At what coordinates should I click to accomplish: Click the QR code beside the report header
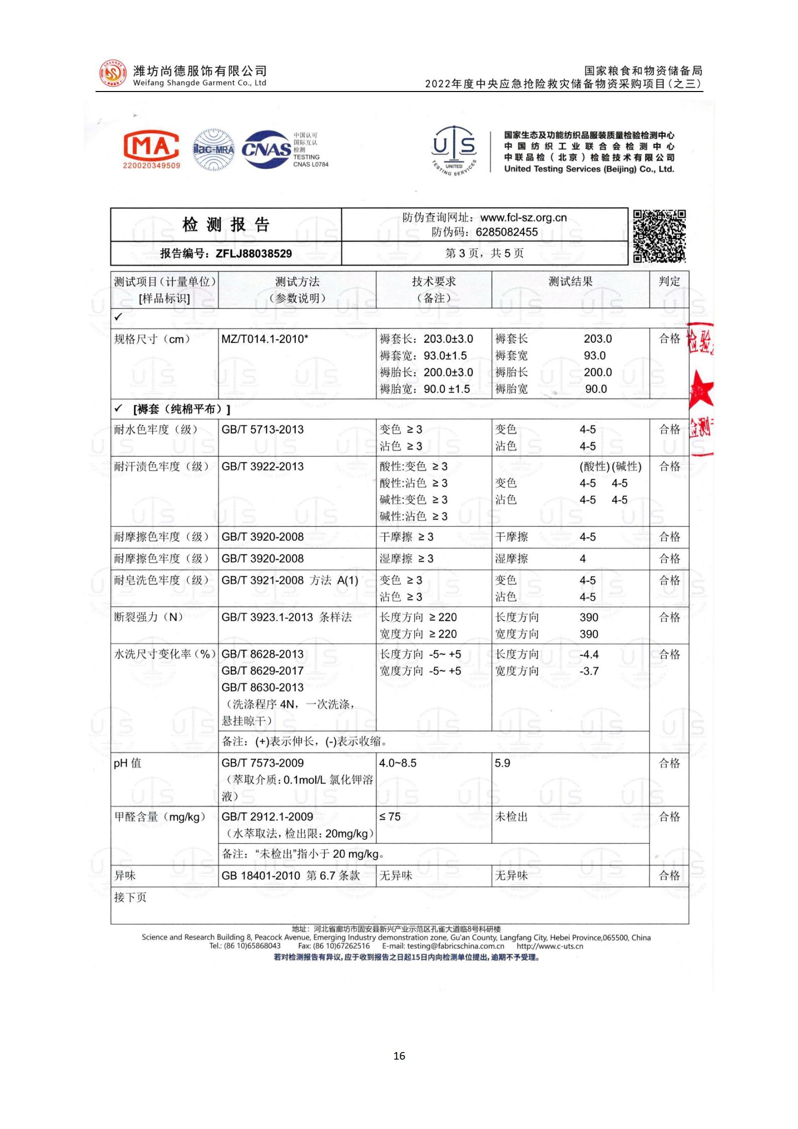point(659,236)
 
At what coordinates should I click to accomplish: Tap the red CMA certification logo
point(151,149)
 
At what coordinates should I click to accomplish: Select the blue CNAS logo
point(267,149)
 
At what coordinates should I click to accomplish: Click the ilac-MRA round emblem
point(214,150)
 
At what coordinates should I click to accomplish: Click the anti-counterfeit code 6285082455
point(506,232)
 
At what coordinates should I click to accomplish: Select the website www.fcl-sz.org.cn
point(523,218)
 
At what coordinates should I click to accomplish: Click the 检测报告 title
point(226,225)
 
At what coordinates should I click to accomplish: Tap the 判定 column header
point(669,282)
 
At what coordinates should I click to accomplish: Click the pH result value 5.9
point(502,763)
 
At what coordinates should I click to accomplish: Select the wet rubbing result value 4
point(583,559)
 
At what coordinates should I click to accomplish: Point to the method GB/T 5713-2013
point(262,429)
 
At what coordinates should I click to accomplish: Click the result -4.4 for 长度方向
point(589,654)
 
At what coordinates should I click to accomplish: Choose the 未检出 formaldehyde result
point(511,817)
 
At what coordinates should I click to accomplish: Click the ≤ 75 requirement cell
point(390,817)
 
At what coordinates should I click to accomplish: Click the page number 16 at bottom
point(399,1056)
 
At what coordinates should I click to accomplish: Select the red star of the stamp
point(701,390)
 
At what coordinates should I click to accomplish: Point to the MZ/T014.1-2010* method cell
point(264,339)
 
